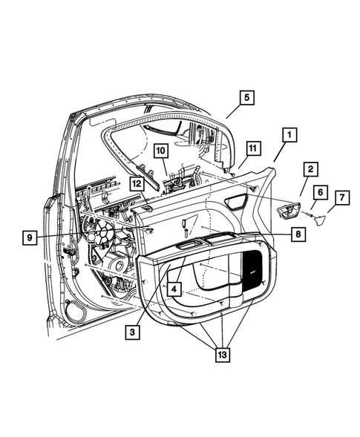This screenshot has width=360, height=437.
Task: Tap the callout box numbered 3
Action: [x=131, y=333]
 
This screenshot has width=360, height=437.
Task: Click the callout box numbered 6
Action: [x=319, y=192]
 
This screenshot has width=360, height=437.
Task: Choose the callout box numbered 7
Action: [x=341, y=198]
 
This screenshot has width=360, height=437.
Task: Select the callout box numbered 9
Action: [x=30, y=237]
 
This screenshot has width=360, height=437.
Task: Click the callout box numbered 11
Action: [x=252, y=149]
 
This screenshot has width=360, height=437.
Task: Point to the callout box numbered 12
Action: [x=137, y=183]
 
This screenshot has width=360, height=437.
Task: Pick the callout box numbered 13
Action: [x=223, y=355]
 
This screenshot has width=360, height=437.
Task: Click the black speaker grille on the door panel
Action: [x=252, y=268]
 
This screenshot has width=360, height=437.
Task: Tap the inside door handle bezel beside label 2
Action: [x=286, y=212]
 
